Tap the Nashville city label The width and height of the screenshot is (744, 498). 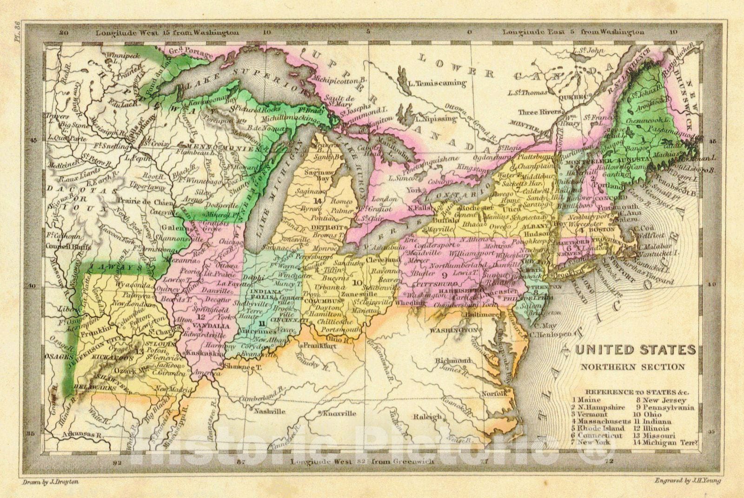[269, 412]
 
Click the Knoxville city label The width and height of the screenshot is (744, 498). [339, 413]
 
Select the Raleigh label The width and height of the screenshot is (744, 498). [427, 417]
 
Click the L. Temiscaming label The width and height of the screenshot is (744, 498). [436, 84]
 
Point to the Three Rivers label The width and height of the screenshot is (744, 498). [538, 112]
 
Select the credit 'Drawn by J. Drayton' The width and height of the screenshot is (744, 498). [51, 482]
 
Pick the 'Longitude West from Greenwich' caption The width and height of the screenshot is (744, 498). [362, 461]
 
